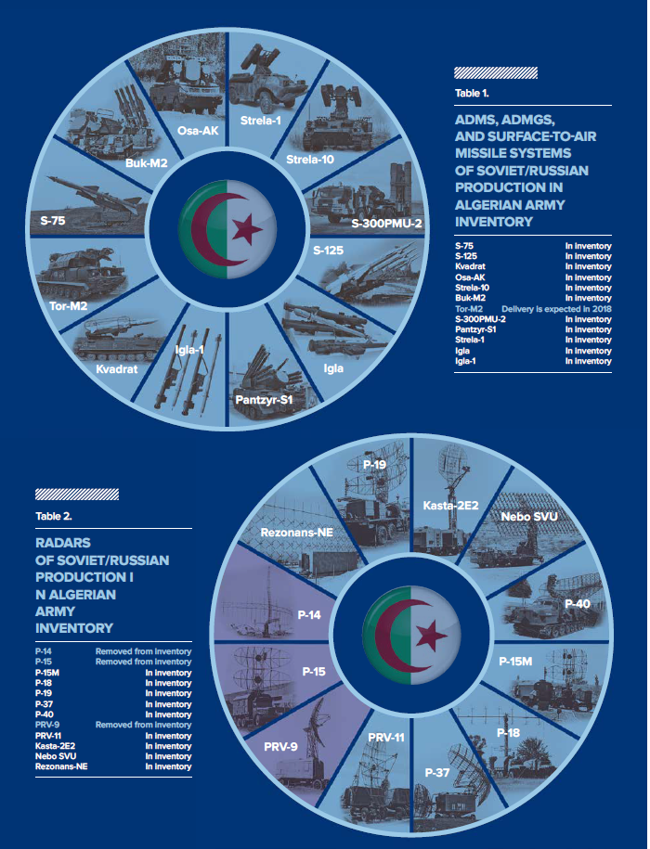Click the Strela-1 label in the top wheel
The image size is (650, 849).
pos(261,122)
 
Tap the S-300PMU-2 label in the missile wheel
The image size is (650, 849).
pos(386,223)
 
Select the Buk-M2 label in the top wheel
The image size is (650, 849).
pos(147,162)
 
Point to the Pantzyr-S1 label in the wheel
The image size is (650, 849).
pos(264,400)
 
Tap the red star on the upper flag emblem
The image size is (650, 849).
pos(247,229)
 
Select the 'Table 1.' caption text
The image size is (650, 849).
pos(472,93)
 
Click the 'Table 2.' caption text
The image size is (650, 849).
pos(54,516)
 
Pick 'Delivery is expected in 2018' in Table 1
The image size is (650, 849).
pos(556,309)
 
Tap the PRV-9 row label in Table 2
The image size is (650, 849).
pos(45,725)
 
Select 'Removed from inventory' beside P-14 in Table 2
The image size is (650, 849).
pos(144,651)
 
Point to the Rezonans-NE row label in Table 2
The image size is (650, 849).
pos(61,766)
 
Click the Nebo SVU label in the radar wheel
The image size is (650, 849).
pos(528,517)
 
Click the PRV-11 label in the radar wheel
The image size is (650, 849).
pos(386,738)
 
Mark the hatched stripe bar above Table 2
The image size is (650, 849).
pos(77,495)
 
